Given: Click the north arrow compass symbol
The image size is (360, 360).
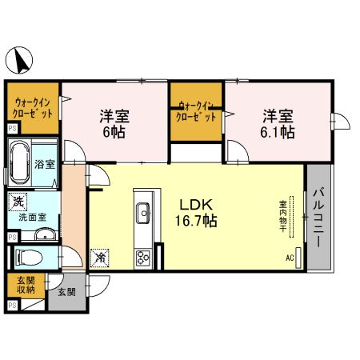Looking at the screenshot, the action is pyautogui.click(x=19, y=61).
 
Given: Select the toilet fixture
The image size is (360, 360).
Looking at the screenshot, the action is pyautogui.click(x=29, y=258).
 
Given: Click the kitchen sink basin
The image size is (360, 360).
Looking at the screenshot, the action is pyautogui.click(x=143, y=213).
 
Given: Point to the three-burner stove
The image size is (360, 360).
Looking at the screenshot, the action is pyautogui.click(x=143, y=258).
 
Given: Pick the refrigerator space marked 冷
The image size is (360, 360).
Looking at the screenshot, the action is pyautogui.click(x=100, y=258).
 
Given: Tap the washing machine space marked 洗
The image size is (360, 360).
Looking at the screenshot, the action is pyautogui.click(x=18, y=202).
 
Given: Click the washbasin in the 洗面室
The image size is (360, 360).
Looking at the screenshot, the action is pyautogui.click(x=46, y=234).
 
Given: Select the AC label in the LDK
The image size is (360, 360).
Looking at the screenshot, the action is pyautogui.click(x=290, y=258).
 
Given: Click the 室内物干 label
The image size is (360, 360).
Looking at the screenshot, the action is pyautogui.click(x=282, y=217).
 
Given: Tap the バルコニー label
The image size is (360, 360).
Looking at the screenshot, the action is pyautogui.click(x=318, y=218).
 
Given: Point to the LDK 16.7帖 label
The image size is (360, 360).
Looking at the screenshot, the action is pyautogui.click(x=196, y=213).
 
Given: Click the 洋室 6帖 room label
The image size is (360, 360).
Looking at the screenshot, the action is pyautogui.click(x=114, y=123).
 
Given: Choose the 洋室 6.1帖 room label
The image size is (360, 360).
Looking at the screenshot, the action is pyautogui.click(x=278, y=123).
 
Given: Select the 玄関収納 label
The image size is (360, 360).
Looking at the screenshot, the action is pyautogui.click(x=26, y=285).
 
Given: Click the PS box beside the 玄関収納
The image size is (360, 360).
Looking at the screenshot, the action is pyautogui.click(x=12, y=305).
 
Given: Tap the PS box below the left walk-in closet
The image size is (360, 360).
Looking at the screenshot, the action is pyautogui.click(x=12, y=129).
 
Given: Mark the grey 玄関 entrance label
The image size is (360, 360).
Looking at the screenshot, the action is pyautogui.click(x=66, y=292).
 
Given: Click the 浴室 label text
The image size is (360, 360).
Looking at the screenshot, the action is pyautogui.click(x=45, y=164).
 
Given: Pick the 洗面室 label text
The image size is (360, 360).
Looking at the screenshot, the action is pyautogui.click(x=33, y=218).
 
